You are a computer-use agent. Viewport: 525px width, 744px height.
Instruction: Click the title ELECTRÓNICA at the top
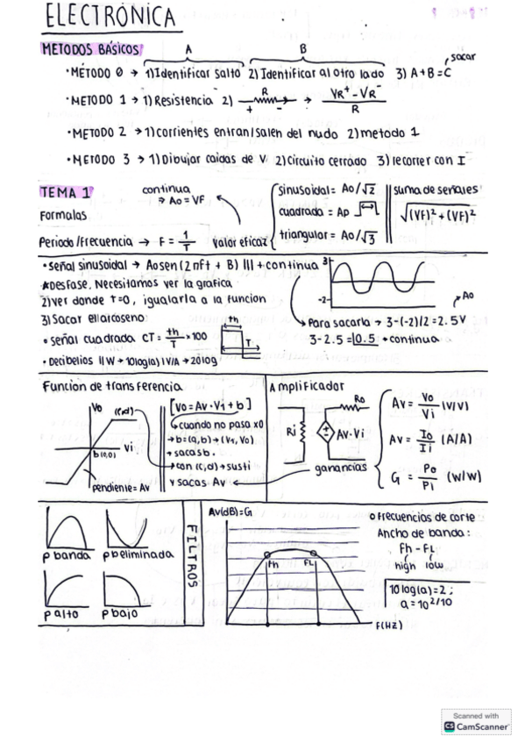tap(109, 17)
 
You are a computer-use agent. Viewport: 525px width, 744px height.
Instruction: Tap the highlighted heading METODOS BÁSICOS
tap(92, 49)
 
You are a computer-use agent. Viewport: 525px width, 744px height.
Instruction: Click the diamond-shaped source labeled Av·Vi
tap(324, 434)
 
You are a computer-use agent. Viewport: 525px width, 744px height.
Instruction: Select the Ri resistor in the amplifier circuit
tap(294, 432)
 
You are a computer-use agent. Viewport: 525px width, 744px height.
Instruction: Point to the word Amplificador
tap(308, 386)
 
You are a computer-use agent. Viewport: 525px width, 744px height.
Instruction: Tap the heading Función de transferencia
tap(112, 386)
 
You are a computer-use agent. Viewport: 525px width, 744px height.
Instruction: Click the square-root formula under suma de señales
tap(439, 214)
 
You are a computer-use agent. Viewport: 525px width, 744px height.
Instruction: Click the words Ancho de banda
tap(423, 533)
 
